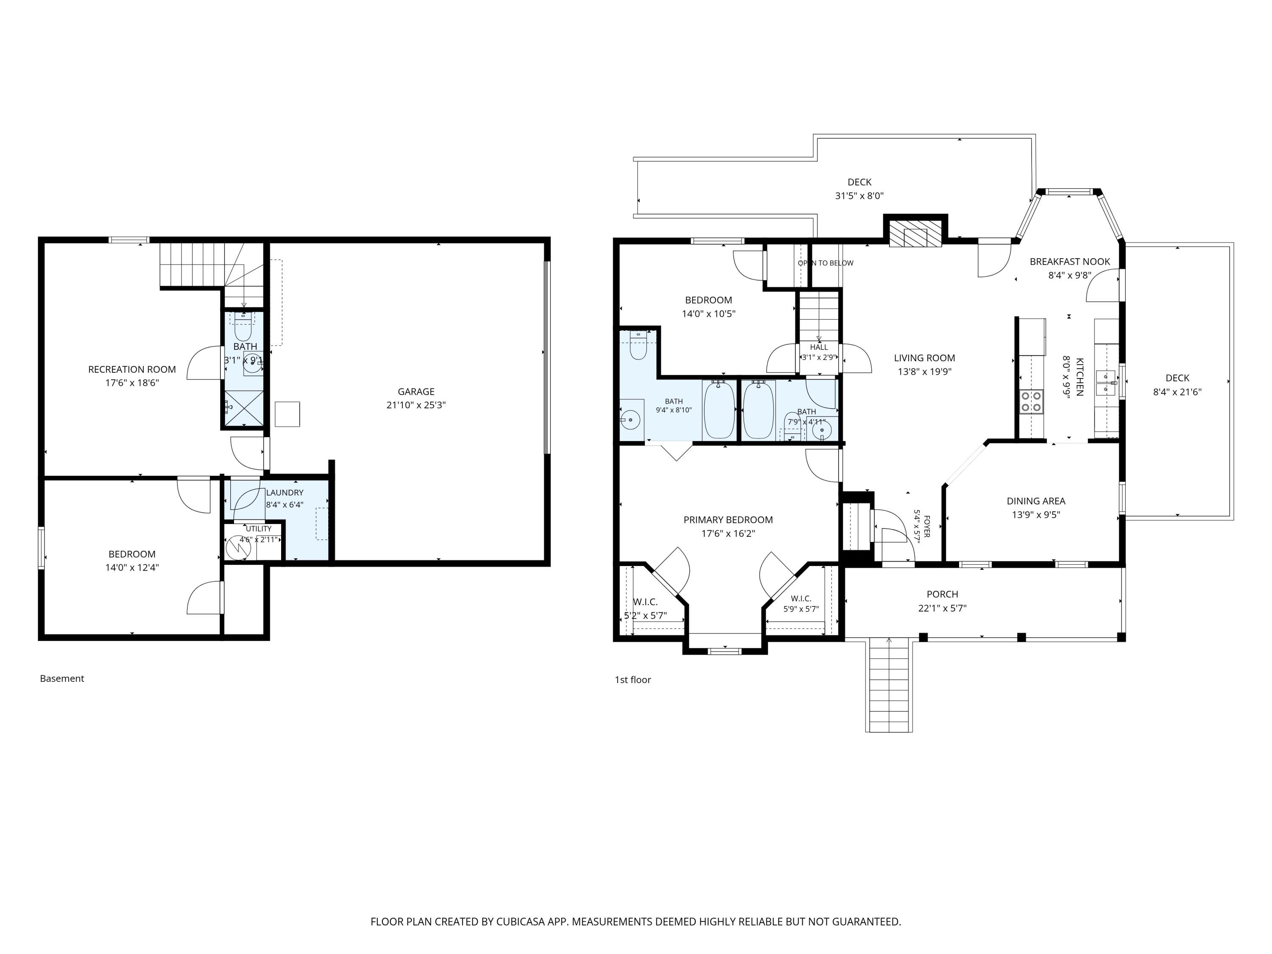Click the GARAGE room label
pyautogui.click(x=416, y=392)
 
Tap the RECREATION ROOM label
pyautogui.click(x=132, y=369)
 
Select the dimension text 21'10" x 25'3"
pyautogui.click(x=416, y=405)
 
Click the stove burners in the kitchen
pyautogui.click(x=1031, y=402)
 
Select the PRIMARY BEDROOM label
pyautogui.click(x=728, y=520)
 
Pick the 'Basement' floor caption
pyautogui.click(x=62, y=678)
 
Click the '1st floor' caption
pyautogui.click(x=633, y=680)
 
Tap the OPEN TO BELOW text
pyautogui.click(x=825, y=263)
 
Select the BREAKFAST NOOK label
pyautogui.click(x=1070, y=262)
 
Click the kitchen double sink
pyautogui.click(x=1105, y=383)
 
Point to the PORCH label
pyautogui.click(x=943, y=594)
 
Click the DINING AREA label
pyautogui.click(x=1036, y=501)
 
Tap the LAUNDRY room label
pyautogui.click(x=285, y=493)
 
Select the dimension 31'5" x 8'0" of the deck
pyautogui.click(x=859, y=195)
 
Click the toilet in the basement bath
pyautogui.click(x=243, y=327)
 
